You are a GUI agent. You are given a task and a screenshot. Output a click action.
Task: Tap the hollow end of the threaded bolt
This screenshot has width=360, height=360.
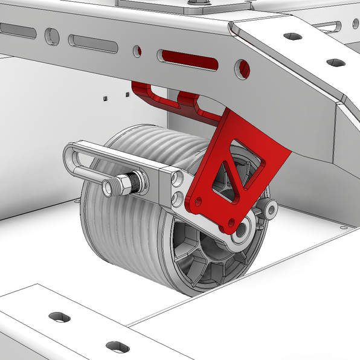[108, 188]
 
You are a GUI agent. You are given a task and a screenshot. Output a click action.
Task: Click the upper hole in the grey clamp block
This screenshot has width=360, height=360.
[176, 179]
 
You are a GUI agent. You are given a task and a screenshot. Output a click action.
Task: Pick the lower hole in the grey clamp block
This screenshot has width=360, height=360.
[177, 197]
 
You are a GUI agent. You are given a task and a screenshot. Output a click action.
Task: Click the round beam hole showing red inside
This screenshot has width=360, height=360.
[242, 68]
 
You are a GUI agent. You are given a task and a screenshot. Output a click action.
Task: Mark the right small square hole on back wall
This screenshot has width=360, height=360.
[127, 95]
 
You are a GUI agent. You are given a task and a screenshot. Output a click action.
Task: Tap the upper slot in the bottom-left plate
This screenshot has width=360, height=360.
[60, 317]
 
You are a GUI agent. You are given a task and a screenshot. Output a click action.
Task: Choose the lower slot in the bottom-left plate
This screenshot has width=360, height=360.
[117, 347]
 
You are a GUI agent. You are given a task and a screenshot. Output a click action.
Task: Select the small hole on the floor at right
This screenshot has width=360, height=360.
[343, 228]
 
